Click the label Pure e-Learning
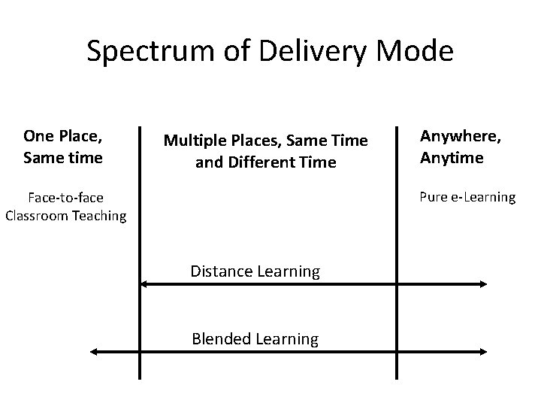[467, 197]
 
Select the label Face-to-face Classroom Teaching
[65, 206]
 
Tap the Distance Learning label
[255, 271]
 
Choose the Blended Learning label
[255, 339]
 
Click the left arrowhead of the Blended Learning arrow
[93, 350]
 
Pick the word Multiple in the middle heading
[190, 141]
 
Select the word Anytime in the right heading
[452, 159]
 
